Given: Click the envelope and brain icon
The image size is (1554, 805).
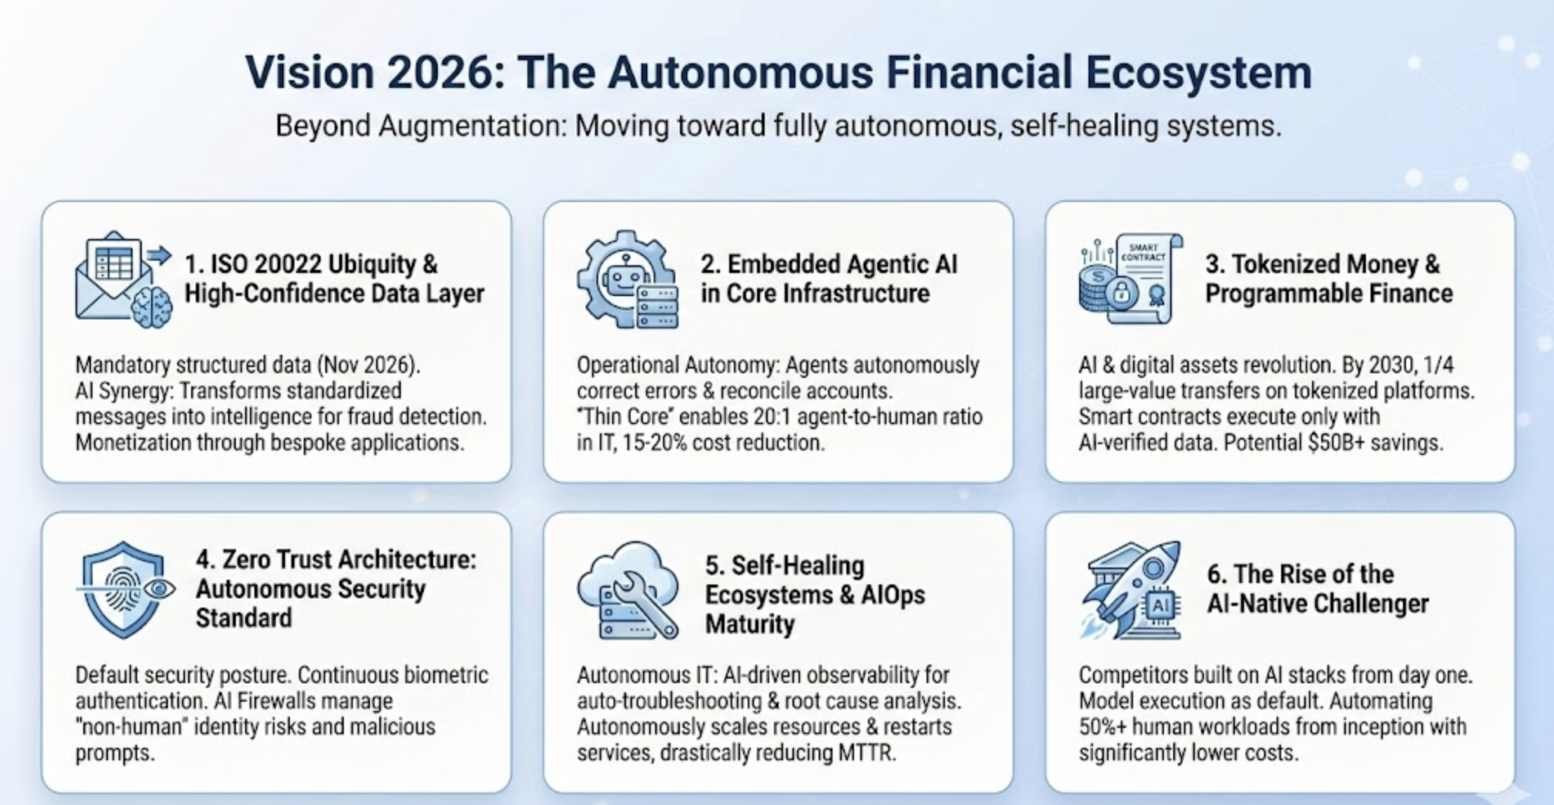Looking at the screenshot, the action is click(x=123, y=280).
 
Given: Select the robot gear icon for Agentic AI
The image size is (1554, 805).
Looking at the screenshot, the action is click(x=628, y=279).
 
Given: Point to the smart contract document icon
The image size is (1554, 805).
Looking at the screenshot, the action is click(x=1131, y=278).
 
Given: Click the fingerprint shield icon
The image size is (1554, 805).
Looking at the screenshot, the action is click(x=125, y=589).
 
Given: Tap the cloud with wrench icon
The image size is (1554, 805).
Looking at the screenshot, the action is click(x=628, y=591).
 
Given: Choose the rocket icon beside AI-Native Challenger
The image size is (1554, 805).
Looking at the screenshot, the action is click(x=1131, y=590).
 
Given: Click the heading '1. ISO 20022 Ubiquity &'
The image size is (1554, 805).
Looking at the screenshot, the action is click(x=311, y=264).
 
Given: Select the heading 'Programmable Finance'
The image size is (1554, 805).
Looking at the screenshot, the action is click(x=1329, y=294).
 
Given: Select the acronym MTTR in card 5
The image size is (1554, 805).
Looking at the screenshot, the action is click(x=866, y=753).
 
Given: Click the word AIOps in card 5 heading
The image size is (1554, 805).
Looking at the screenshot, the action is click(x=893, y=595).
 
